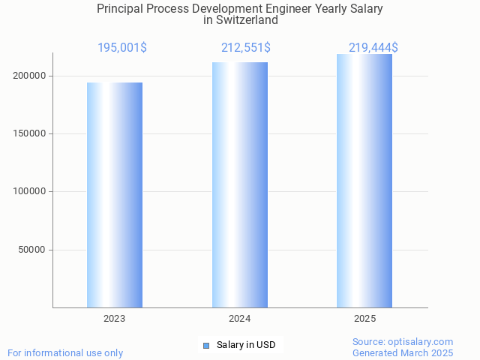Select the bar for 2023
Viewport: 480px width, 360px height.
115,195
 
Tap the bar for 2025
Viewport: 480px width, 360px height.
364,181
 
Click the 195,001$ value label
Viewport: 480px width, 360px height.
122,48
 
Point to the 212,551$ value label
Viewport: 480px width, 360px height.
246,48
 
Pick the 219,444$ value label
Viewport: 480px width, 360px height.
373,48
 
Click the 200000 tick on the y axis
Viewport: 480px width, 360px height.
30,76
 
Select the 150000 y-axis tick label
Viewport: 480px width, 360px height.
30,133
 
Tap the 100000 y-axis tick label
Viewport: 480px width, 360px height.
30,191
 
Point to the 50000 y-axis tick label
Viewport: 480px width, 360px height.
33,250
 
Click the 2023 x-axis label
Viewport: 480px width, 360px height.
115,319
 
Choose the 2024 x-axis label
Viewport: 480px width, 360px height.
240,319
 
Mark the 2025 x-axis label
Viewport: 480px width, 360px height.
364,319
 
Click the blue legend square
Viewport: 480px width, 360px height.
206,345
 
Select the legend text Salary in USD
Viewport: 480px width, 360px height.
246,345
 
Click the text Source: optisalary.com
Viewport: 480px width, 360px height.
403,342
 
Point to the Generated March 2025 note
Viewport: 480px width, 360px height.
403,352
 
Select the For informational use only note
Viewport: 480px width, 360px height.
65,352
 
